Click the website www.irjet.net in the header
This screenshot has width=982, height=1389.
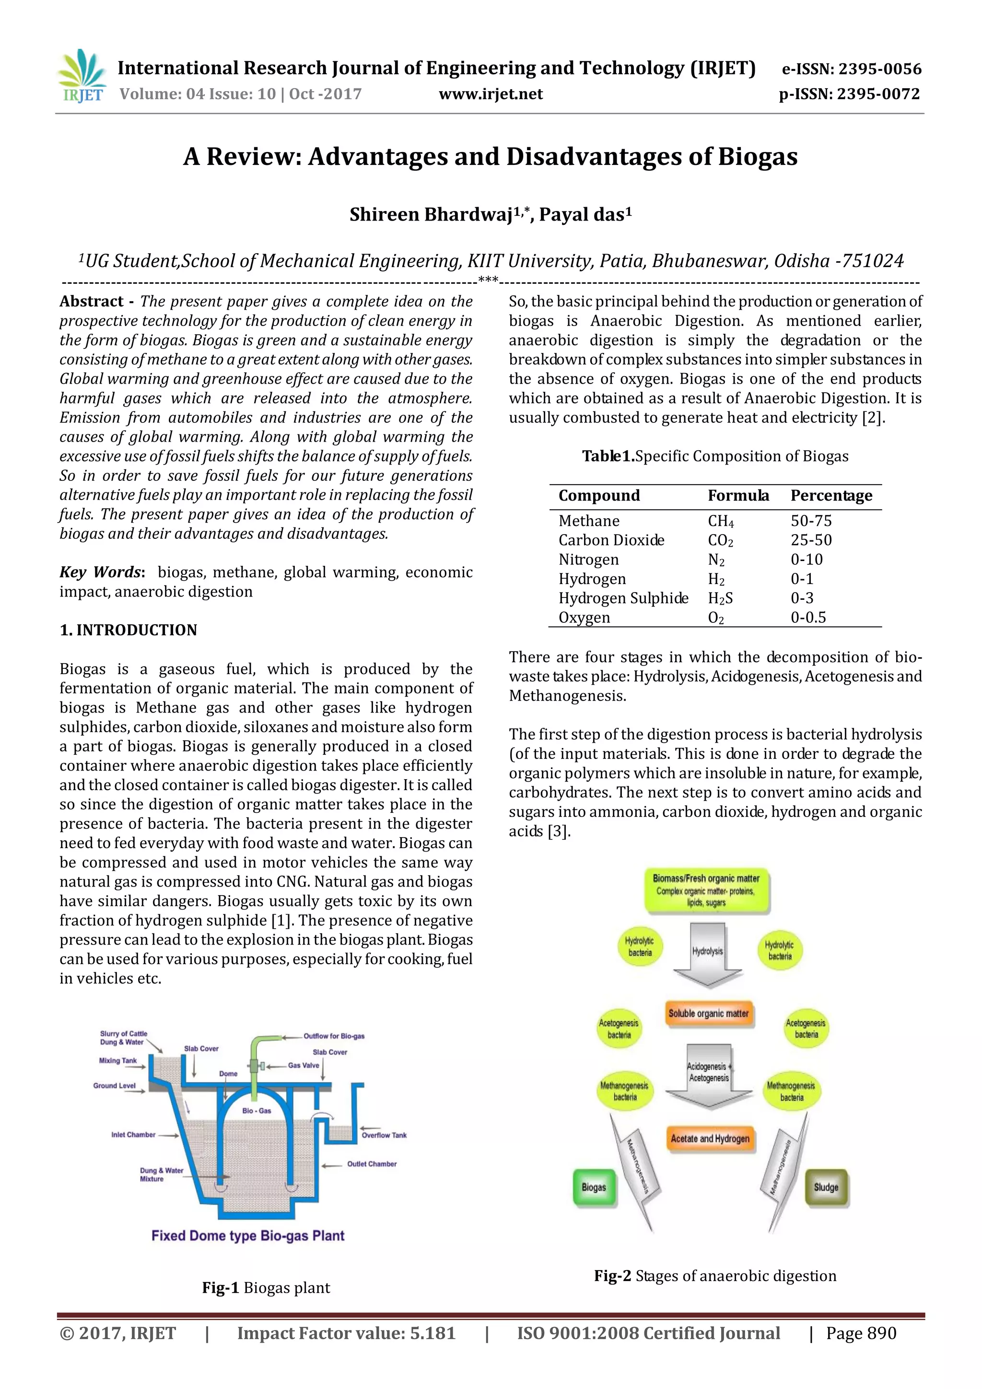(490, 94)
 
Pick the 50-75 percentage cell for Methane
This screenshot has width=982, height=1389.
(811, 521)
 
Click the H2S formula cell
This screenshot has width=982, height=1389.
(720, 598)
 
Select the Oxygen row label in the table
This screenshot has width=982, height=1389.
(584, 618)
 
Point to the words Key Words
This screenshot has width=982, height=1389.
(100, 572)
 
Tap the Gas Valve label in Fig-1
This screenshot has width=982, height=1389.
(303, 1065)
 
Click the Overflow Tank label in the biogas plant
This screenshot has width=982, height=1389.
(384, 1135)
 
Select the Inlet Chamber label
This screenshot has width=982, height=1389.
(133, 1134)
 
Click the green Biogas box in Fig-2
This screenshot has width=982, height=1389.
(594, 1187)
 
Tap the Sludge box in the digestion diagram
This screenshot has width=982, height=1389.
(826, 1187)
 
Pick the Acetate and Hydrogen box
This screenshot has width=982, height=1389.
(710, 1139)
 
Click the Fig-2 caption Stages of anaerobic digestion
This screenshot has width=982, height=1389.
(714, 1276)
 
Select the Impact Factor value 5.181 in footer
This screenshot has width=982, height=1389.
(346, 1333)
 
